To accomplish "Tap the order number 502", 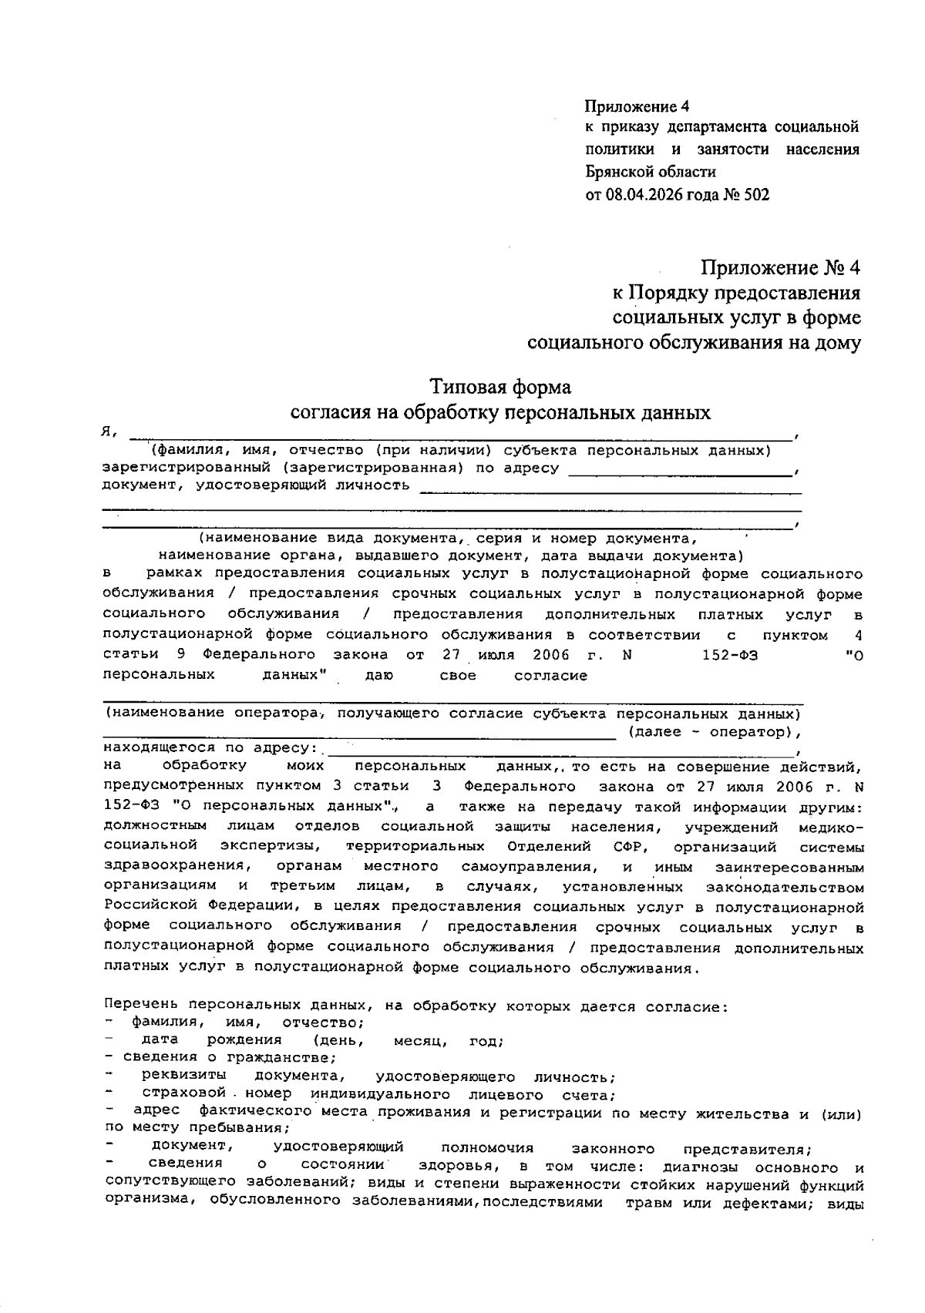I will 756,195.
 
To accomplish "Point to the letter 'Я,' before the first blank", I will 109,433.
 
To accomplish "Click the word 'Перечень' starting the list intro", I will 141,1006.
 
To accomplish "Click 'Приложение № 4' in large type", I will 779,268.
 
